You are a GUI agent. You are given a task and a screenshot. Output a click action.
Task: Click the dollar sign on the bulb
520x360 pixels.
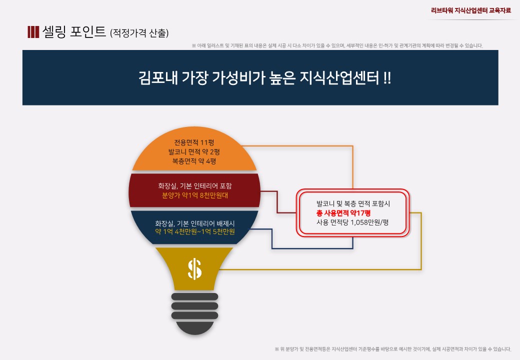click(x=194, y=269)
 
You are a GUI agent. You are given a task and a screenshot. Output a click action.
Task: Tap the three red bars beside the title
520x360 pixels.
click(x=33, y=32)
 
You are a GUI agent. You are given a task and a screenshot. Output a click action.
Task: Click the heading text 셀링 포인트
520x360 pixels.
click(x=74, y=32)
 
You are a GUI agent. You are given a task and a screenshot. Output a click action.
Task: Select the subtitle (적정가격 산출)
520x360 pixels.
click(x=139, y=33)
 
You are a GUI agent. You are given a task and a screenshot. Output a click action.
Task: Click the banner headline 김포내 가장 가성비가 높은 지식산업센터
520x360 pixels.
click(x=258, y=78)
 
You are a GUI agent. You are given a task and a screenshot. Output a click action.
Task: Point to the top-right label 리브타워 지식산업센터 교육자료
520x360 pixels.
click(x=471, y=10)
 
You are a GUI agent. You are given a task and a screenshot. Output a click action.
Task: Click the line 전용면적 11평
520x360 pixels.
click(x=194, y=142)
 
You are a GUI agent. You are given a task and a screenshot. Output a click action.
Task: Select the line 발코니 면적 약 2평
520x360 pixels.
click(x=194, y=152)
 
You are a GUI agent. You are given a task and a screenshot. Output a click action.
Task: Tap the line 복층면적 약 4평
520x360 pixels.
click(x=194, y=161)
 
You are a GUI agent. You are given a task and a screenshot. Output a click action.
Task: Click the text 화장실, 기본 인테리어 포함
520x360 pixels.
click(x=194, y=186)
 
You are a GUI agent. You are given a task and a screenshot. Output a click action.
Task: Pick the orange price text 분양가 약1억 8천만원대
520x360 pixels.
click(x=194, y=195)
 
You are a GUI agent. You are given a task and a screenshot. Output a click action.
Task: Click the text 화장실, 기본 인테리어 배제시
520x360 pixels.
click(x=194, y=223)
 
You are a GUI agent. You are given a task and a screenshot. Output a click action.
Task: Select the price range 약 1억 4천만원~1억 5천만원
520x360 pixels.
click(x=194, y=231)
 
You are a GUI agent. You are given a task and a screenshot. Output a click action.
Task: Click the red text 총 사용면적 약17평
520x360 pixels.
click(x=343, y=213)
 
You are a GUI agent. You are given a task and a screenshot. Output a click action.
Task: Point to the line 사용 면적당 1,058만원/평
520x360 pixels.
click(x=352, y=222)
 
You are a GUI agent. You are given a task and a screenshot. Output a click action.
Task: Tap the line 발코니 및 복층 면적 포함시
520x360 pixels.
click(x=353, y=203)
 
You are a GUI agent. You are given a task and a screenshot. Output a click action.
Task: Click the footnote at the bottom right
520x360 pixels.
click(x=393, y=349)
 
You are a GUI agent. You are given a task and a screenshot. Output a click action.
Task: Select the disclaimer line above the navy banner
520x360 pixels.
click(x=337, y=45)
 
